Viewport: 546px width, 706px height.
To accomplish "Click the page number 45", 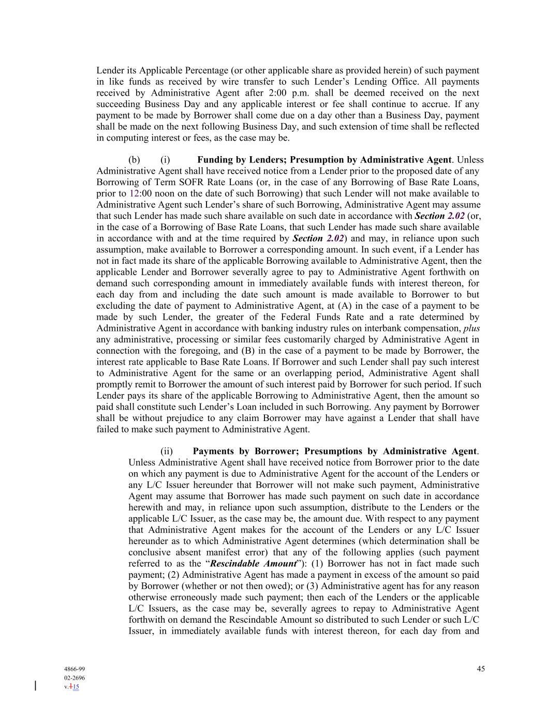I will pos(481,669).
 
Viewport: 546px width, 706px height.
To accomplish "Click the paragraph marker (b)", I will pos(134,160).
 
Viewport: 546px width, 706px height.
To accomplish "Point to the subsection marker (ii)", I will pos(167,451).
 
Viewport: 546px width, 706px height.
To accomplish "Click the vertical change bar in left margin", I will pos(35,686).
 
